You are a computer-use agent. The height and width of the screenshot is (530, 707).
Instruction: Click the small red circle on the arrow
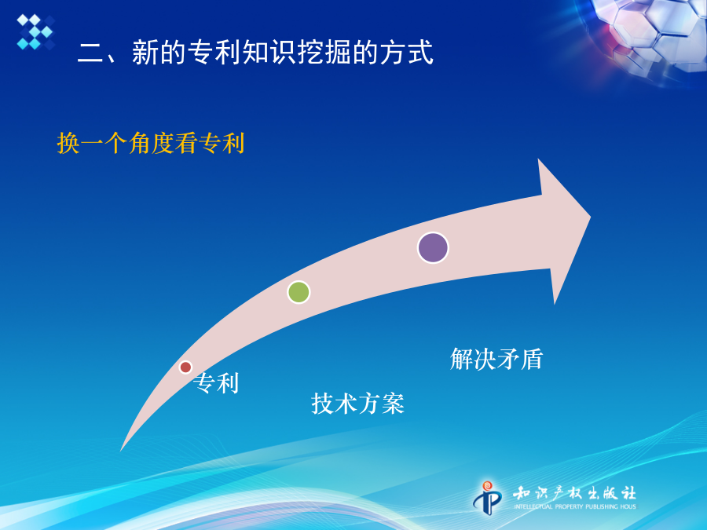point(185,367)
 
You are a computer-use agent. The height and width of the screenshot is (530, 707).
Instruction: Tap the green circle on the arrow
point(299,292)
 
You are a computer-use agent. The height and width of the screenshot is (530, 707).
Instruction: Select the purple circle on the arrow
point(433,247)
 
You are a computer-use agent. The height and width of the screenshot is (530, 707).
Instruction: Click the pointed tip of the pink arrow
point(590,217)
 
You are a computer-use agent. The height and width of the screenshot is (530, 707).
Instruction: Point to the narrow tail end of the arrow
point(121,450)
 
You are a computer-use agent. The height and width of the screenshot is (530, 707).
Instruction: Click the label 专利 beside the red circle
point(216,383)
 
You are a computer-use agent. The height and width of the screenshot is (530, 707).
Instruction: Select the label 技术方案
point(357,404)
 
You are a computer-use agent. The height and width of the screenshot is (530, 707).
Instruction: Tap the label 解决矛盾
point(496,359)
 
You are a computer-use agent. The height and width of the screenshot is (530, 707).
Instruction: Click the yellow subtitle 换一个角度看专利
point(151,144)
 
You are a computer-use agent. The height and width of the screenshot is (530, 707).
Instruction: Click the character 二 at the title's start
point(90,53)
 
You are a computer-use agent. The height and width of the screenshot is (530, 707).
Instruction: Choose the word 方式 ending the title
point(407,53)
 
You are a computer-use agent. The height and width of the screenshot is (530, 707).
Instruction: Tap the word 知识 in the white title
point(269,53)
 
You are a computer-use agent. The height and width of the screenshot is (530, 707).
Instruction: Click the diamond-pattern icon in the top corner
point(35,31)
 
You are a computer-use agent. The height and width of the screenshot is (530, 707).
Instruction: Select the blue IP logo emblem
point(487,498)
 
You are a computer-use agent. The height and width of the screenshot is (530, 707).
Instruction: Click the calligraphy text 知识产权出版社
point(574,493)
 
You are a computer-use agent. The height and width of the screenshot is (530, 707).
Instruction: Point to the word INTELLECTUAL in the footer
point(533,506)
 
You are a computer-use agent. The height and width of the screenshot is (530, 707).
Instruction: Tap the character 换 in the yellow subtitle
point(68,144)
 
